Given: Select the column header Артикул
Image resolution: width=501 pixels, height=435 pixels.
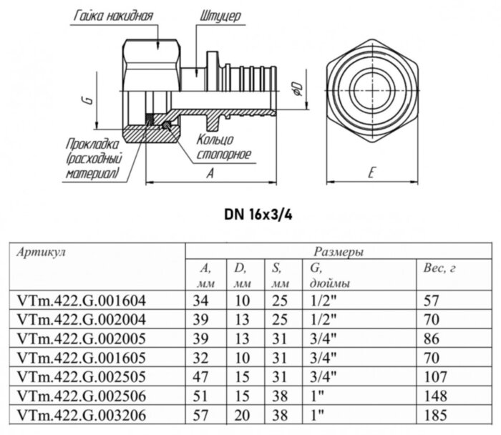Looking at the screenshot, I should click(x=41, y=253).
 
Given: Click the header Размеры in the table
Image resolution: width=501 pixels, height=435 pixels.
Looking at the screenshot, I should click(x=337, y=253).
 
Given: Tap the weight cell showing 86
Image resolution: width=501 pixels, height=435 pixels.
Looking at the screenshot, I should click(x=433, y=338).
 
